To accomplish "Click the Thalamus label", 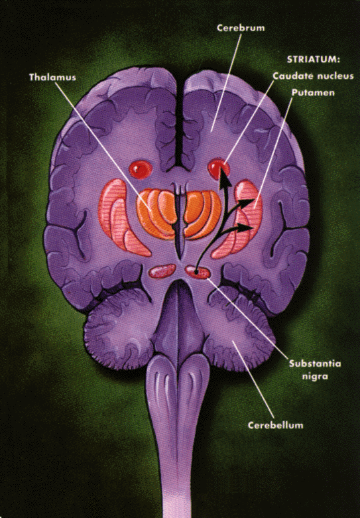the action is (x=52, y=78).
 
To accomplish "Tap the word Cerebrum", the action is (x=241, y=28).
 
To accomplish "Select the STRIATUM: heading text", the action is (x=314, y=60).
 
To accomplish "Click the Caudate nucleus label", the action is (x=313, y=76).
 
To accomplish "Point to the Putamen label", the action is (x=313, y=92).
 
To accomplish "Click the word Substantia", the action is (x=315, y=363).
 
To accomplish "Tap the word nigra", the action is (x=315, y=377).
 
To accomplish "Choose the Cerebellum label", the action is (x=275, y=425).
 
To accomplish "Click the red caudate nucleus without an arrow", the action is (x=141, y=170).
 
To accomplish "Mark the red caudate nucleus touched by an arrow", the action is (x=218, y=169).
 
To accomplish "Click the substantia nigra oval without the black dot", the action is (x=162, y=271).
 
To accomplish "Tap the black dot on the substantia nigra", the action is (x=196, y=272).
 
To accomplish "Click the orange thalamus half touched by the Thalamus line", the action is (x=156, y=214).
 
